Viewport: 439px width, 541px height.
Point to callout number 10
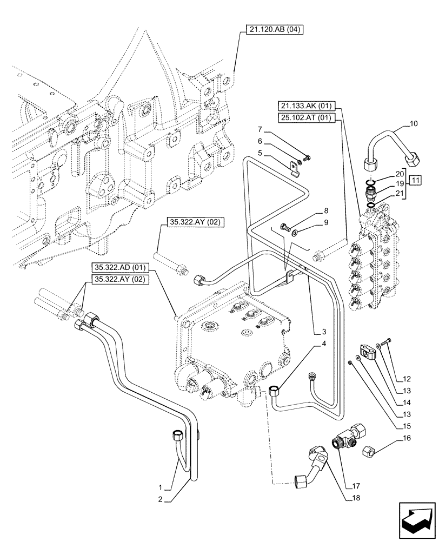(414, 124)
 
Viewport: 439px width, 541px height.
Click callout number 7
(260, 129)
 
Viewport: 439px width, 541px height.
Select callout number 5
(260, 153)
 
